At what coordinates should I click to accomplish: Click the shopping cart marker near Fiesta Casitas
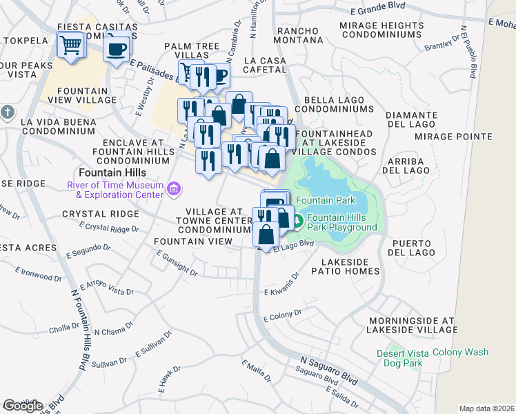coord(71,46)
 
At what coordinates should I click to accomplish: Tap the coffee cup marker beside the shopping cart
coord(117,47)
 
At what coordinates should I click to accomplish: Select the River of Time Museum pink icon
coord(174,188)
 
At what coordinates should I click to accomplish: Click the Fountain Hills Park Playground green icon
coord(298,221)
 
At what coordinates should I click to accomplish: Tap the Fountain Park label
coord(326,201)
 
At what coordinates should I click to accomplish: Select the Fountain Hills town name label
coord(108,172)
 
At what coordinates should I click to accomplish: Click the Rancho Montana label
coord(297,36)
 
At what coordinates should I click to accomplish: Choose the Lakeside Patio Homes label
coord(350,266)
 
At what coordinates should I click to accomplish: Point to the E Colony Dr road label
coord(283,316)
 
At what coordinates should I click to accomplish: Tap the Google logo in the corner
coord(23,405)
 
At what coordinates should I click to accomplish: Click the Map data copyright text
coord(486,408)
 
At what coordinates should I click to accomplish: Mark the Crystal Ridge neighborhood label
coord(97,215)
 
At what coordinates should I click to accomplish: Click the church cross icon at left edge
coord(7,111)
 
